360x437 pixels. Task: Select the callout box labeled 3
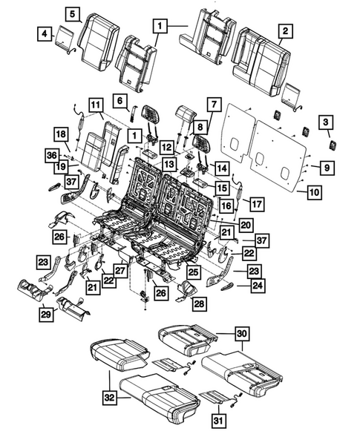pyautogui.click(x=324, y=122)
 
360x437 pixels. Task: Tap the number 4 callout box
pyautogui.click(x=46, y=33)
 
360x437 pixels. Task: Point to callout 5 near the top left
pyautogui.click(x=73, y=14)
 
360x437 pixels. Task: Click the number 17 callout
pyautogui.click(x=256, y=203)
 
